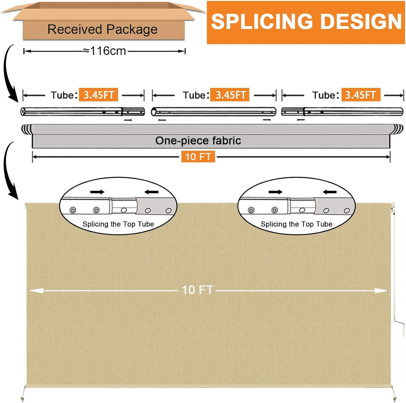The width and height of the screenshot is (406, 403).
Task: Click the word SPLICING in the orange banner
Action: pos(262,21)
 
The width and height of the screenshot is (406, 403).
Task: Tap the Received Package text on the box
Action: pos(103,29)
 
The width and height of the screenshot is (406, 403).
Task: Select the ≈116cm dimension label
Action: pos(104,51)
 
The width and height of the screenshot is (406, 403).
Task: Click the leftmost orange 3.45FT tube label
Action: pos(98,95)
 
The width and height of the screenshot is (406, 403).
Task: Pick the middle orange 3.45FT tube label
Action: pos(230,95)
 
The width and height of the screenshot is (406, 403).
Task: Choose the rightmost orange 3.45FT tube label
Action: pos(361,95)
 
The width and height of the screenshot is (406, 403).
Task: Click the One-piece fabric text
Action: pos(198,141)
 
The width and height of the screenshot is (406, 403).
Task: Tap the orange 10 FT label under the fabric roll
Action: pos(198,157)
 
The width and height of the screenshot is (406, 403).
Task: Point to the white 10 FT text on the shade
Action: pos(197,290)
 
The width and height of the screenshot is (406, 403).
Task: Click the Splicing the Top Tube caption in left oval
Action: pos(118,224)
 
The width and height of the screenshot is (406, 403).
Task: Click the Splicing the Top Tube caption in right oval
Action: pos(297,224)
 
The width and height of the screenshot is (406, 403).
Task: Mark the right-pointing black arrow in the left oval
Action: pos(98,192)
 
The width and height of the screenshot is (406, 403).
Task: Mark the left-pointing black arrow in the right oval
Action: pos(329,192)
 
